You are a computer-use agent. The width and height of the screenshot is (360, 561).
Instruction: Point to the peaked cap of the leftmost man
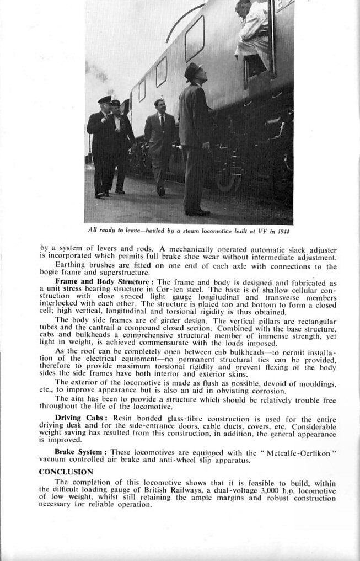tap(104, 99)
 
